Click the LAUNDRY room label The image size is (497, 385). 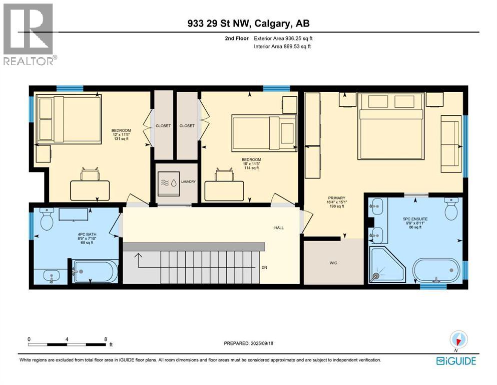pyautogui.click(x=189, y=182)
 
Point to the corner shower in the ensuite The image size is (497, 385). pyautogui.click(x=386, y=265)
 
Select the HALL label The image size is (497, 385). pyautogui.click(x=279, y=228)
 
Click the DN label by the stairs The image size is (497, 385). pyautogui.click(x=264, y=268)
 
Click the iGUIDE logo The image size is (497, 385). pyautogui.click(x=455, y=361)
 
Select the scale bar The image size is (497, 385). pyautogui.click(x=67, y=344)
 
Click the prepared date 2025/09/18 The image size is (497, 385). pyautogui.click(x=249, y=343)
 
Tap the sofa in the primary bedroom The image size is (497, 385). pyautogui.click(x=450, y=137)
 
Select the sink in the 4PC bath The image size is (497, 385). pyautogui.click(x=51, y=275)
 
